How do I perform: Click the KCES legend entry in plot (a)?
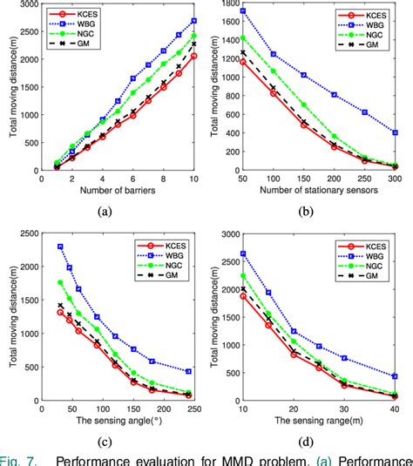[76, 15]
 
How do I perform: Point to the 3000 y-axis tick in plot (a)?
[27, 5]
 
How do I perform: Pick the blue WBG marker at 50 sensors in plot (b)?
[241, 11]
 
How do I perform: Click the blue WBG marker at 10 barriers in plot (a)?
[193, 20]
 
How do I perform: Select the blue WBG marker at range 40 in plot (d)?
[395, 376]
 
